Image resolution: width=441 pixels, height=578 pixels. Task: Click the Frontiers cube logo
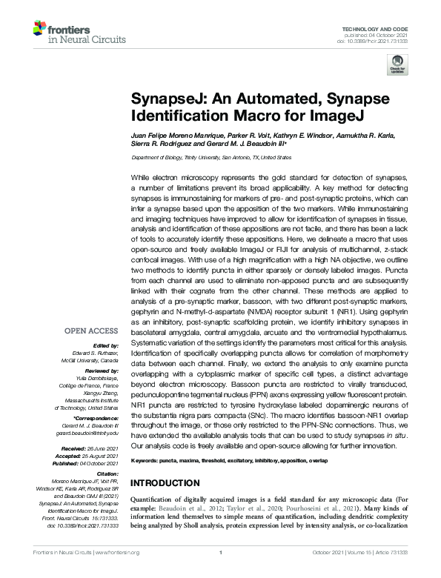(x=41, y=30)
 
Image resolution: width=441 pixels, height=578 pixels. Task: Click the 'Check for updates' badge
(x=399, y=64)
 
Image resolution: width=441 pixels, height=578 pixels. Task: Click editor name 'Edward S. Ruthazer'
(x=99, y=352)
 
